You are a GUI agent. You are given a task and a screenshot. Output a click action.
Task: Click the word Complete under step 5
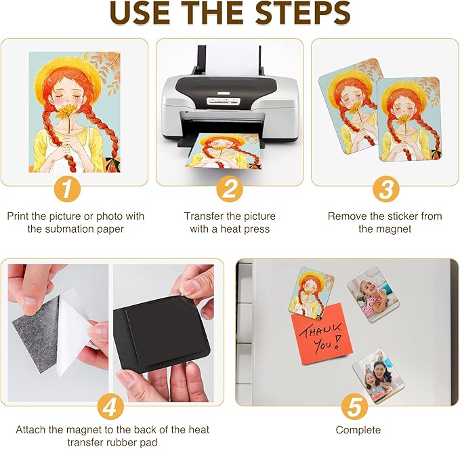click(358, 430)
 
